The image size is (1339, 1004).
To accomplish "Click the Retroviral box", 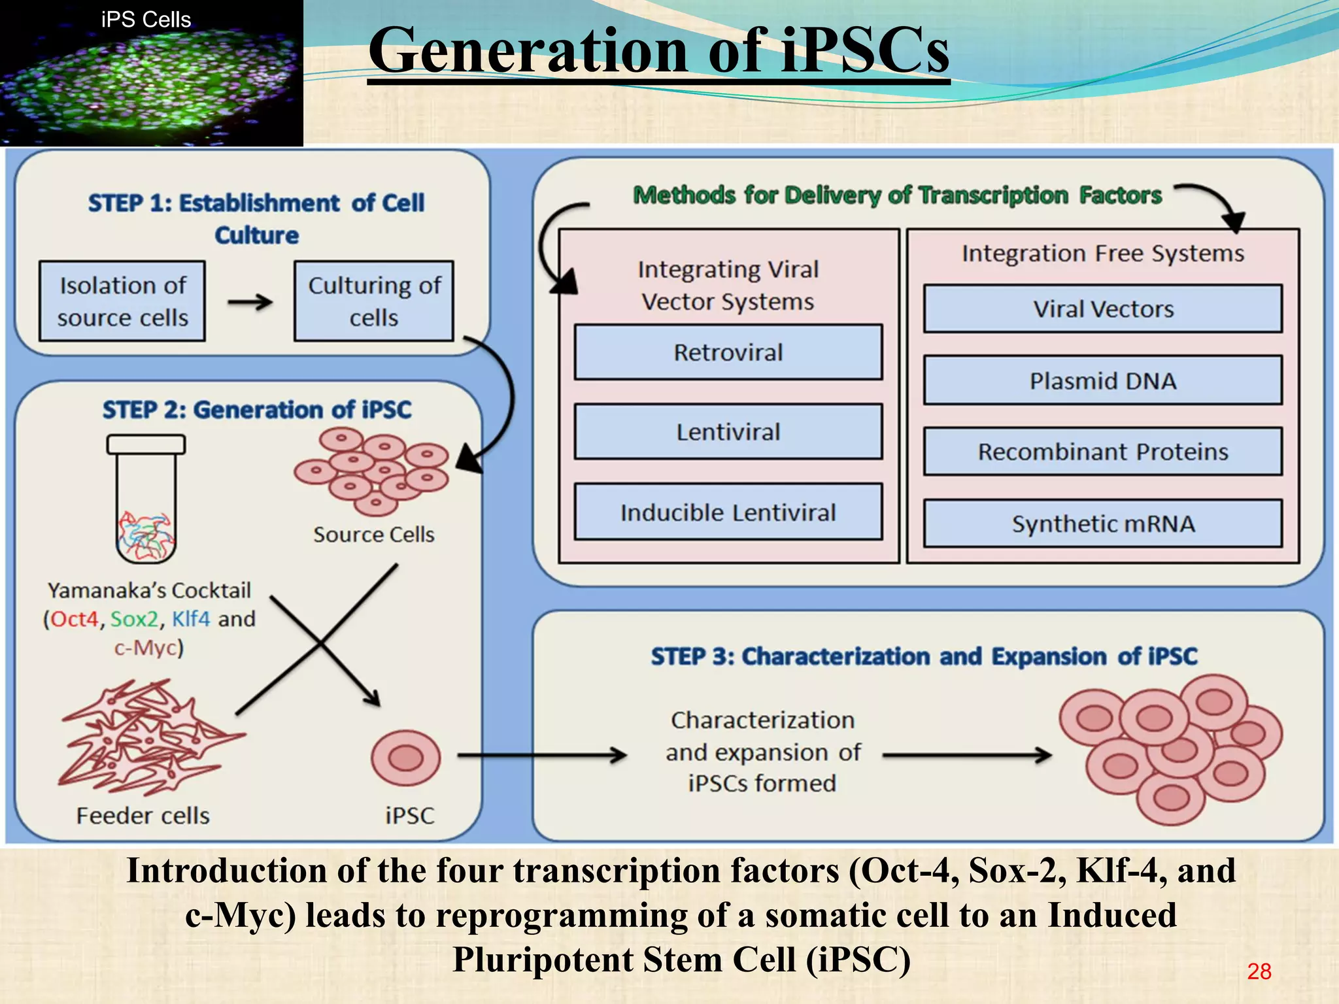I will [728, 352].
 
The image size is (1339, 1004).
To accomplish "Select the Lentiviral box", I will [728, 432].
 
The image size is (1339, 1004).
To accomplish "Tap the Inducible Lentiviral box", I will [728, 512].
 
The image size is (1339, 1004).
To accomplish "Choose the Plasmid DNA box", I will [1102, 380].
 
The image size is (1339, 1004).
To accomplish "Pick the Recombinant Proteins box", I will [1102, 452].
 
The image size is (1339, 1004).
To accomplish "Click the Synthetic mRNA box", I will [1102, 524].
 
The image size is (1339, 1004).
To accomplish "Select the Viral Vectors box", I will [1102, 309].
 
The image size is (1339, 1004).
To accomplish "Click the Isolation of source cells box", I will [122, 301].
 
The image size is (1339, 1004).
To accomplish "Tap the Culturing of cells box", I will [373, 301].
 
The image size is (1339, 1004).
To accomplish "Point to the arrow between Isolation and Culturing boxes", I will [250, 302].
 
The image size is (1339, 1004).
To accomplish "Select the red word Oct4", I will [74, 619].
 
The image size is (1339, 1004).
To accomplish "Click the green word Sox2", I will [134, 619].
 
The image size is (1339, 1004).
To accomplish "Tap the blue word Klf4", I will [191, 619].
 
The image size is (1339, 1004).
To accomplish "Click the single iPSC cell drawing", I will [405, 758].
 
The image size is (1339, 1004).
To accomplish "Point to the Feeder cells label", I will [143, 816].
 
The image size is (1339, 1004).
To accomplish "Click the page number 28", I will [1259, 971].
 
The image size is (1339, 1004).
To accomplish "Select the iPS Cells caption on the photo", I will [146, 20].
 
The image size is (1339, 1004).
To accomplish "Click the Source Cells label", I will [373, 535].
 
